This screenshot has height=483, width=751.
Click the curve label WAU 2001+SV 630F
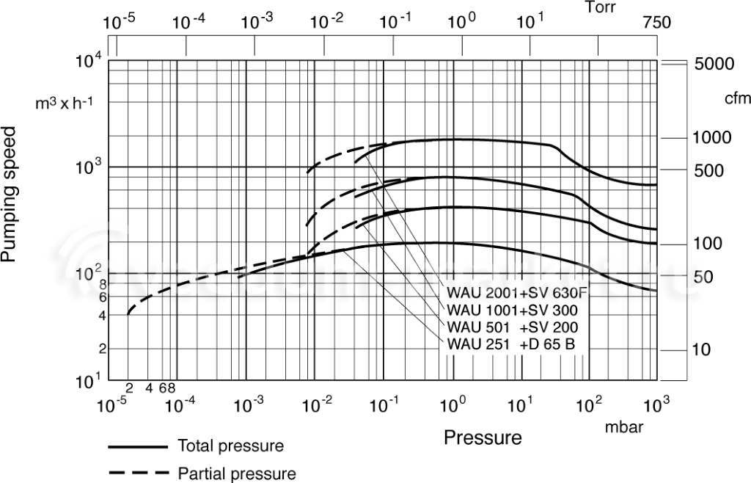coord(517,292)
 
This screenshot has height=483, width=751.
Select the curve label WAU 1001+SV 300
coord(512,310)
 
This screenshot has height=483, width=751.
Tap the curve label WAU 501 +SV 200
coord(512,327)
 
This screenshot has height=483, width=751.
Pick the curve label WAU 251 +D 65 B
coord(510,344)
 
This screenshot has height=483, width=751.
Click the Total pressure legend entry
coord(231,446)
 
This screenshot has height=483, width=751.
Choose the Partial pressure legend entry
coord(237,473)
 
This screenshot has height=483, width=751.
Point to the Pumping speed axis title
coord(9,194)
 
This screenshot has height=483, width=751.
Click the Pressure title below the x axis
coord(483,437)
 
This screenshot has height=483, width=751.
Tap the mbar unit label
coord(624,427)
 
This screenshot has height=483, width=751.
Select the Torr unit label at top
coord(601,7)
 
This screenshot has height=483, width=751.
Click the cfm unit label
coord(738,98)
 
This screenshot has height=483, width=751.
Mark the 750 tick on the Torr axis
coord(656,23)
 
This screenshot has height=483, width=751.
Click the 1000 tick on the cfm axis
coord(712,138)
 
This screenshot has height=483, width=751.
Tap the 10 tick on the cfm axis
coord(702,350)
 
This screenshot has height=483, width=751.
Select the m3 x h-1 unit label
coord(65,103)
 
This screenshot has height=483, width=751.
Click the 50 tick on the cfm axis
coord(703,277)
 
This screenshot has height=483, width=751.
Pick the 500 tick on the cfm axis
coord(708,170)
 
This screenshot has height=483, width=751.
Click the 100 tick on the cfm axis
coord(708,244)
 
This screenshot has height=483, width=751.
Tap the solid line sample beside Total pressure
coord(138,447)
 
